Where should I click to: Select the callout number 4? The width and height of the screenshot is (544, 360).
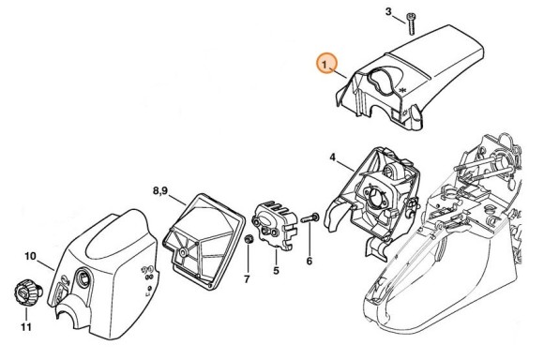(x=332, y=157)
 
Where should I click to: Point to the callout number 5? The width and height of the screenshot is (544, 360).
(x=276, y=271)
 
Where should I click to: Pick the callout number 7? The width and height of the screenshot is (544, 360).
(x=247, y=279)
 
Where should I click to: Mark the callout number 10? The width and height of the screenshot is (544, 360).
(x=30, y=255)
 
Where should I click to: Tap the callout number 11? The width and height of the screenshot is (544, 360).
(x=26, y=326)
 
